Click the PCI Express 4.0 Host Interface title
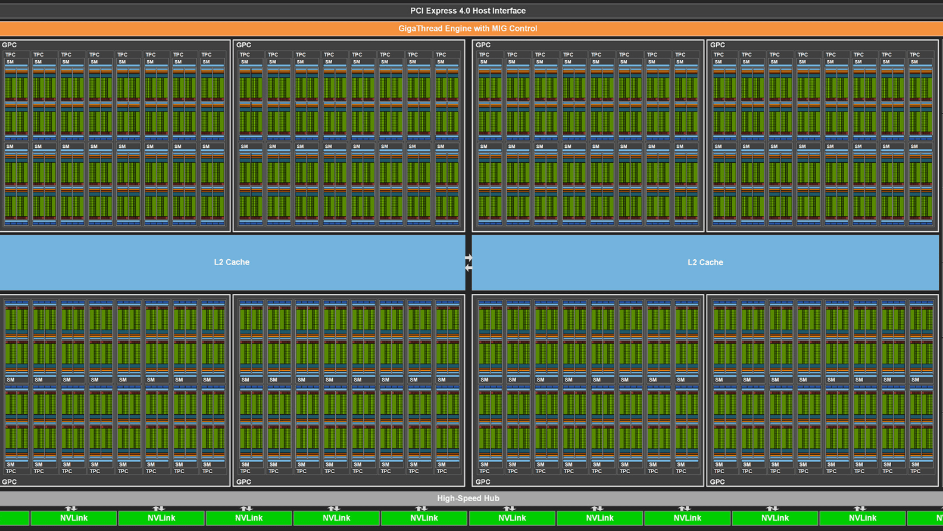pyautogui.click(x=467, y=11)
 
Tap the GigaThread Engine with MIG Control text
pyautogui.click(x=467, y=29)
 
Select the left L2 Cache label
pyautogui.click(x=232, y=262)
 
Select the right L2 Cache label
pyautogui.click(x=705, y=262)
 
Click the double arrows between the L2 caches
pyautogui.click(x=469, y=263)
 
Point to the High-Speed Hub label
pyautogui.click(x=468, y=498)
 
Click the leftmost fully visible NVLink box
pyautogui.click(x=74, y=518)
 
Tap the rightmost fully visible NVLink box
pyautogui.click(x=862, y=518)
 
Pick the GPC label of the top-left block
pyautogui.click(x=10, y=45)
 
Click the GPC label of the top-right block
pyautogui.click(x=717, y=45)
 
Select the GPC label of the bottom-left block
pyautogui.click(x=10, y=482)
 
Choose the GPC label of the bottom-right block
pyautogui.click(x=717, y=482)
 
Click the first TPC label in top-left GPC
pyautogui.click(x=10, y=55)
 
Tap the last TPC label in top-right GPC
pyautogui.click(x=914, y=55)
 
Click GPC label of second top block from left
pyautogui.click(x=244, y=45)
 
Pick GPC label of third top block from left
pyautogui.click(x=483, y=45)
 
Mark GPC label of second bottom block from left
pyautogui.click(x=244, y=482)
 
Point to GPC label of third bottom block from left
pyautogui.click(x=483, y=482)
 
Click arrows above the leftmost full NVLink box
pyautogui.click(x=71, y=508)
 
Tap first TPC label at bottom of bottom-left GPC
pyautogui.click(x=11, y=471)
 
